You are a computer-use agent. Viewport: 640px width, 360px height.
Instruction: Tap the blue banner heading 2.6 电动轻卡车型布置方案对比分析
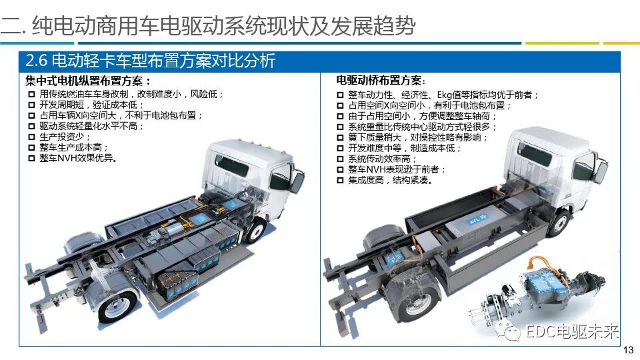pos(149,61)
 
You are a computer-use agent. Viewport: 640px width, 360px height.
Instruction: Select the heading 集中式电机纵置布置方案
pos(88,81)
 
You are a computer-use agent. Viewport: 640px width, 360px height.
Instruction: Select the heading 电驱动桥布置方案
pos(381,81)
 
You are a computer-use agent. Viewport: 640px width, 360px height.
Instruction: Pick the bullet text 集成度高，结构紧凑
pos(389,180)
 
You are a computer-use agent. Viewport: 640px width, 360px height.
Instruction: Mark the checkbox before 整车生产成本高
pos(31,147)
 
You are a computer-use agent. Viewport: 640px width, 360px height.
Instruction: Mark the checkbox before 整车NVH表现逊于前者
pos(340,169)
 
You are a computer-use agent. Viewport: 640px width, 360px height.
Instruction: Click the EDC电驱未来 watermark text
pos(572,331)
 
